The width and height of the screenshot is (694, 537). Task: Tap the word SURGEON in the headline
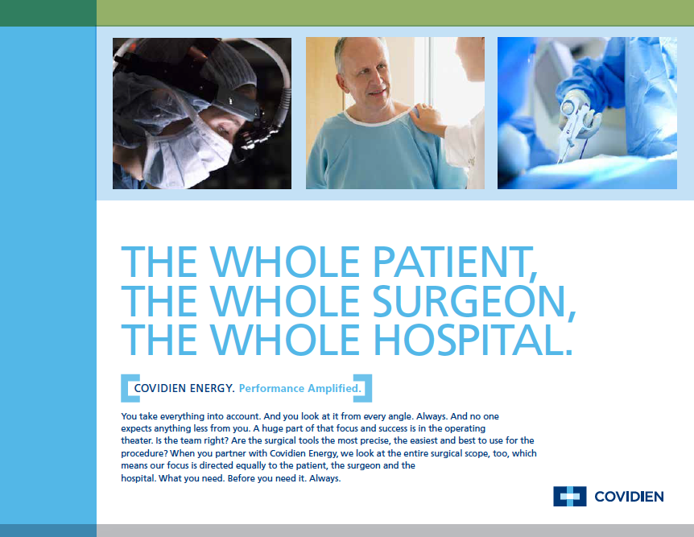(x=469, y=301)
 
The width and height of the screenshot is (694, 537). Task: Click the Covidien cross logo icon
(x=570, y=496)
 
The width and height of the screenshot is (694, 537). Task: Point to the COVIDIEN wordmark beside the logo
(x=629, y=497)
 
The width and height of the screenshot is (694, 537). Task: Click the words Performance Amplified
(x=299, y=388)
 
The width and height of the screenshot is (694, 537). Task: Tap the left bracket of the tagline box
(x=130, y=388)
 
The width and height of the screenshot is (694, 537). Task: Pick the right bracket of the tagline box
(x=363, y=388)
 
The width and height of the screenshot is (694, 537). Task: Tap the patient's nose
(x=379, y=83)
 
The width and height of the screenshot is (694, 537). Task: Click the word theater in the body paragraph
(x=136, y=440)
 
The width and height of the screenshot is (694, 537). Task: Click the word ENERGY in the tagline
(x=212, y=388)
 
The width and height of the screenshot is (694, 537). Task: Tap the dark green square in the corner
(x=48, y=13)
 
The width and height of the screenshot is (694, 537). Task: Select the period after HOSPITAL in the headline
(x=569, y=352)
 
